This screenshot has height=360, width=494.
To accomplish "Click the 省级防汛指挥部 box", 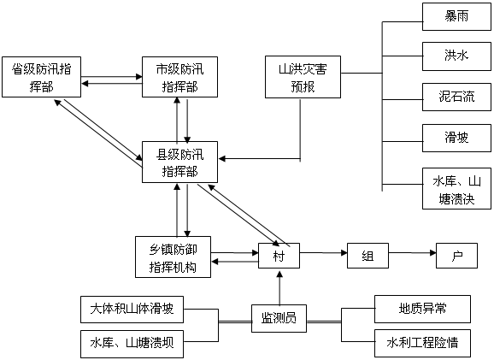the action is coord(41,77).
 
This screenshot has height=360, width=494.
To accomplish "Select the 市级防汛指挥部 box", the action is coord(179,77).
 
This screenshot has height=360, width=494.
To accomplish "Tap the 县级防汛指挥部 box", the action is coord(179,162).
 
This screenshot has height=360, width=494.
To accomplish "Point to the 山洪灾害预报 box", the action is coord(303,77).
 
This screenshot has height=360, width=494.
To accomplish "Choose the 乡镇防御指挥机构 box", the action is coord(173,257).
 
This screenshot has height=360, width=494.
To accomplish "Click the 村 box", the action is coord(279,256).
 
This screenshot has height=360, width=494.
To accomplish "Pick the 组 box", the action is coord(368,256).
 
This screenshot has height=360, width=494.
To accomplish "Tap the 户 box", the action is coord(457,256).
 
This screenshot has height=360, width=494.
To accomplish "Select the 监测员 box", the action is coord(279,318).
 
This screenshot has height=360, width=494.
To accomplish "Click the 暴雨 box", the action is coord(457,17).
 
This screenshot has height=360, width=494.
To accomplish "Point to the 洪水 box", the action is coord(457,56).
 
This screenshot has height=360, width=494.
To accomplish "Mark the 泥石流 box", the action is coord(457,97).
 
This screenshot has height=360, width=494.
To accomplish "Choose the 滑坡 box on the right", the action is coord(457,138).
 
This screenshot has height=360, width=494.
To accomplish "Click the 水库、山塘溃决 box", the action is coord(457,188).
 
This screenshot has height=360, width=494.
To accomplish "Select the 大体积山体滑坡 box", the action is coord(132,310).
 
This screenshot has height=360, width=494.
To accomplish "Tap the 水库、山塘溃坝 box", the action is coord(132,344).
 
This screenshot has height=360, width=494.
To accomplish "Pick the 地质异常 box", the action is coord(422,310).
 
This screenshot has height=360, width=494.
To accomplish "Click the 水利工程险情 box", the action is coord(422,343).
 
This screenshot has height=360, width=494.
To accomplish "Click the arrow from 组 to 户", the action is coord(413,253).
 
